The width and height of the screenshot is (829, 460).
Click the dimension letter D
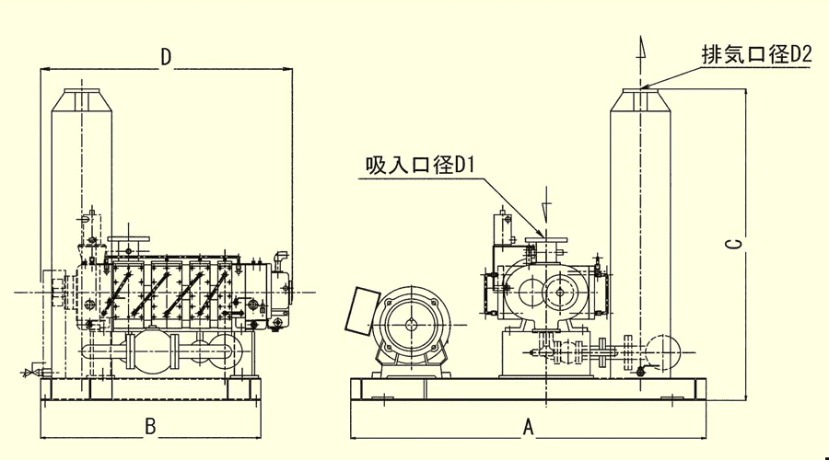click(x=166, y=57)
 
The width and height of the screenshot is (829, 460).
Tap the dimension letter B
click(x=151, y=426)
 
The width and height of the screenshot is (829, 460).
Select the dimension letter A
click(x=528, y=426)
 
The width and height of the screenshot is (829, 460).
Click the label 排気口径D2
click(x=755, y=55)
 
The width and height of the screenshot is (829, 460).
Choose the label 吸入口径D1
click(x=418, y=166)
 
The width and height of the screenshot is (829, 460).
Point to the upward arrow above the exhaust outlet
click(x=641, y=48)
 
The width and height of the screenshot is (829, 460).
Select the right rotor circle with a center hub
click(x=561, y=295)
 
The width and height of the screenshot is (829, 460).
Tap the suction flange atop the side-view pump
click(x=129, y=243)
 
